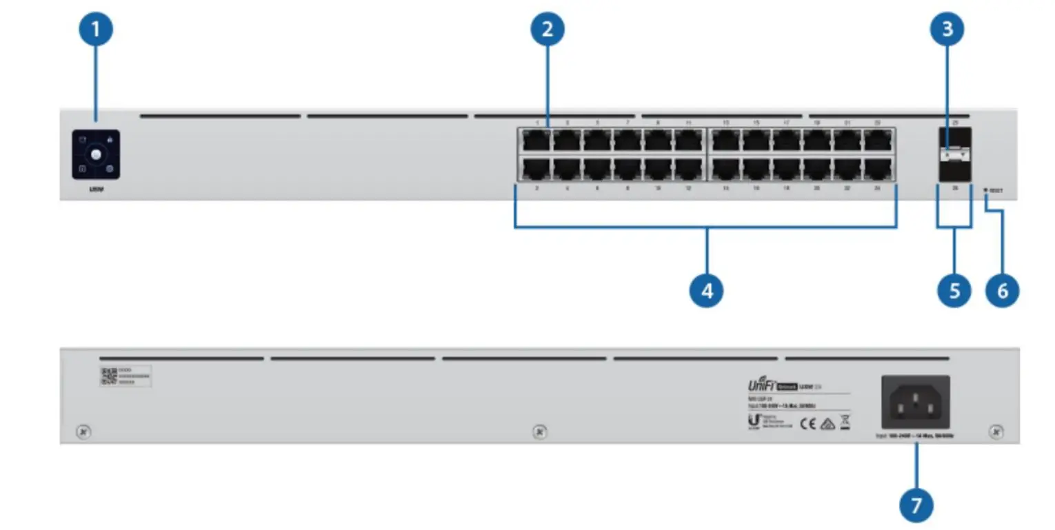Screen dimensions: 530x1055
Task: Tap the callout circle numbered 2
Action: (x=547, y=30)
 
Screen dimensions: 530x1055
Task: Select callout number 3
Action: (x=947, y=30)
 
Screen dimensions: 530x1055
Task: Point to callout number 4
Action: (x=706, y=291)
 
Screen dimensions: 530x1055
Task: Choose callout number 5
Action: (x=954, y=291)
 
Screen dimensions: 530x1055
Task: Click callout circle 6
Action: (x=1002, y=291)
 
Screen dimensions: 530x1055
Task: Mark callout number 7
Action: (x=916, y=505)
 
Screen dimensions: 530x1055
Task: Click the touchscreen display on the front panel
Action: (x=96, y=155)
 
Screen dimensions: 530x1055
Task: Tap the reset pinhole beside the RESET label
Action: (x=986, y=190)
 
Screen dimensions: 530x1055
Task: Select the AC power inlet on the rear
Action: (x=915, y=403)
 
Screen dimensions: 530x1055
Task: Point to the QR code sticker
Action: (x=108, y=376)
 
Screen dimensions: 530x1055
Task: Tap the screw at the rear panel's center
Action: (x=540, y=432)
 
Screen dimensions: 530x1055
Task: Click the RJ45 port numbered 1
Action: (x=536, y=141)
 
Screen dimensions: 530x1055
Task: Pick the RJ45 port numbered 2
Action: (x=536, y=169)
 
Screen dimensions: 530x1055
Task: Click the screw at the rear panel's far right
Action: (x=995, y=432)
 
